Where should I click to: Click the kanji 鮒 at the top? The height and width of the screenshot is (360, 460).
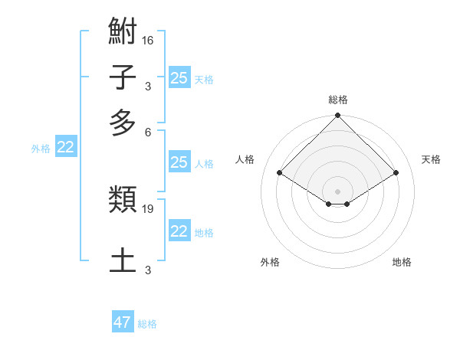pyautogui.click(x=123, y=33)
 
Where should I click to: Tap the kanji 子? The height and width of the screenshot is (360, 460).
pyautogui.click(x=123, y=77)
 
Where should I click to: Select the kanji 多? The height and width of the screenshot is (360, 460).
pyautogui.click(x=123, y=123)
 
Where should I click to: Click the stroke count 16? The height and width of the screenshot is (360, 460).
pyautogui.click(x=148, y=40)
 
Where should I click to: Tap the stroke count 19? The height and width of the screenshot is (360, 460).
pyautogui.click(x=148, y=208)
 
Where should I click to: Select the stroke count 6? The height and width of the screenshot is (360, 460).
pyautogui.click(x=148, y=132)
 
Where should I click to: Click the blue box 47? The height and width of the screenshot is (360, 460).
pyautogui.click(x=123, y=322)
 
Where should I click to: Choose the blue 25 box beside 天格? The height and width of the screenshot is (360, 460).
pyautogui.click(x=179, y=78)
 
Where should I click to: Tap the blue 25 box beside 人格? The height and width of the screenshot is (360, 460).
pyautogui.click(x=179, y=162)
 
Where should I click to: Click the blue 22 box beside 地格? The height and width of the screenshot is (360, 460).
pyautogui.click(x=179, y=231)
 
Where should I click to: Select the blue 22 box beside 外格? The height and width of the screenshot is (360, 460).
pyautogui.click(x=65, y=148)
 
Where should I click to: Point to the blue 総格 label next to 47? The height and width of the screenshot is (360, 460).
pyautogui.click(x=147, y=324)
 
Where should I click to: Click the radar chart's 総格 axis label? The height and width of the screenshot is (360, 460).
pyautogui.click(x=338, y=100)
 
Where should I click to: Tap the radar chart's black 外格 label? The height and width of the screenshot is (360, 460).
pyautogui.click(x=270, y=262)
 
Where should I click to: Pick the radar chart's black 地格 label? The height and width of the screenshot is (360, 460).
pyautogui.click(x=402, y=262)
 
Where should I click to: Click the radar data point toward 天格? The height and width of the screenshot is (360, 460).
pyautogui.click(x=396, y=173)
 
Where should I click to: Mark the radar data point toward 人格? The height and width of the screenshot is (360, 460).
pyautogui.click(x=280, y=173)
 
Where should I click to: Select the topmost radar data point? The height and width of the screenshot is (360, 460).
pyautogui.click(x=338, y=116)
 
